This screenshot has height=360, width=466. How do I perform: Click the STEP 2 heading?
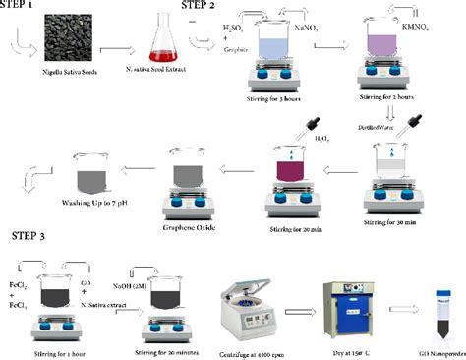(x=209, y=7)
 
